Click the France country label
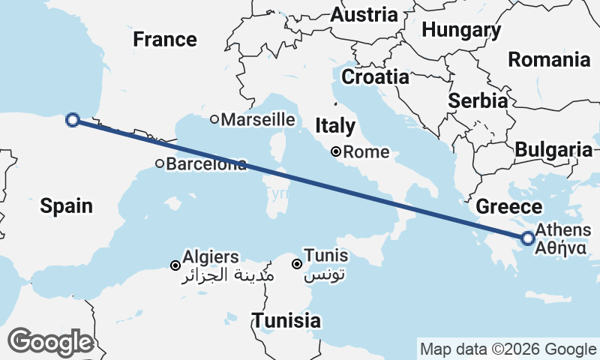165,39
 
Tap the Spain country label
67,205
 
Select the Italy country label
335,124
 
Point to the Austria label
364,14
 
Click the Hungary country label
461,30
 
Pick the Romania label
549,59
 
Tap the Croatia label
375,76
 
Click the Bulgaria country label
553,149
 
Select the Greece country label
509,207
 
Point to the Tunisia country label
286,321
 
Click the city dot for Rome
337,152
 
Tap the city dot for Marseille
214,119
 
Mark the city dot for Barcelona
160,163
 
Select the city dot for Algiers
175,265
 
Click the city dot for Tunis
297,264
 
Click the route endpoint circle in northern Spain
73,119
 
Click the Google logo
50,341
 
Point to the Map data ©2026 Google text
508,349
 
